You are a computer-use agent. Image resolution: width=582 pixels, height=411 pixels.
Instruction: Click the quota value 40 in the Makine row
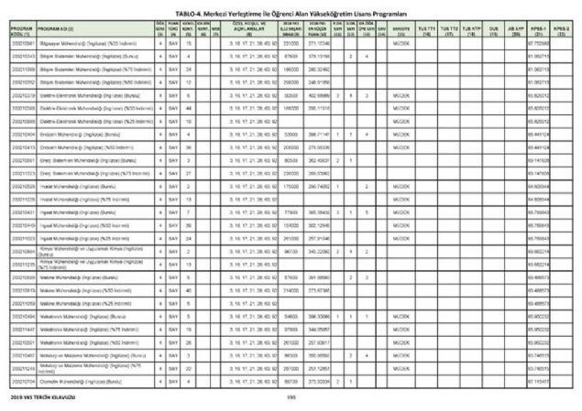click(188, 290)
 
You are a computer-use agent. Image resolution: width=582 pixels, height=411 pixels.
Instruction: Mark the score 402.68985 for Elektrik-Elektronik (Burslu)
click(318, 121)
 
